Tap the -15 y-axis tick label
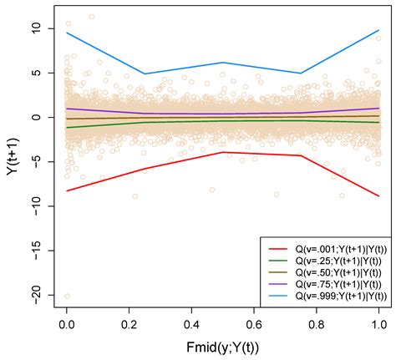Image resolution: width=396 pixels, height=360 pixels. point(38,251)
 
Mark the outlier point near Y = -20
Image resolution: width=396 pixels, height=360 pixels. point(67,296)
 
